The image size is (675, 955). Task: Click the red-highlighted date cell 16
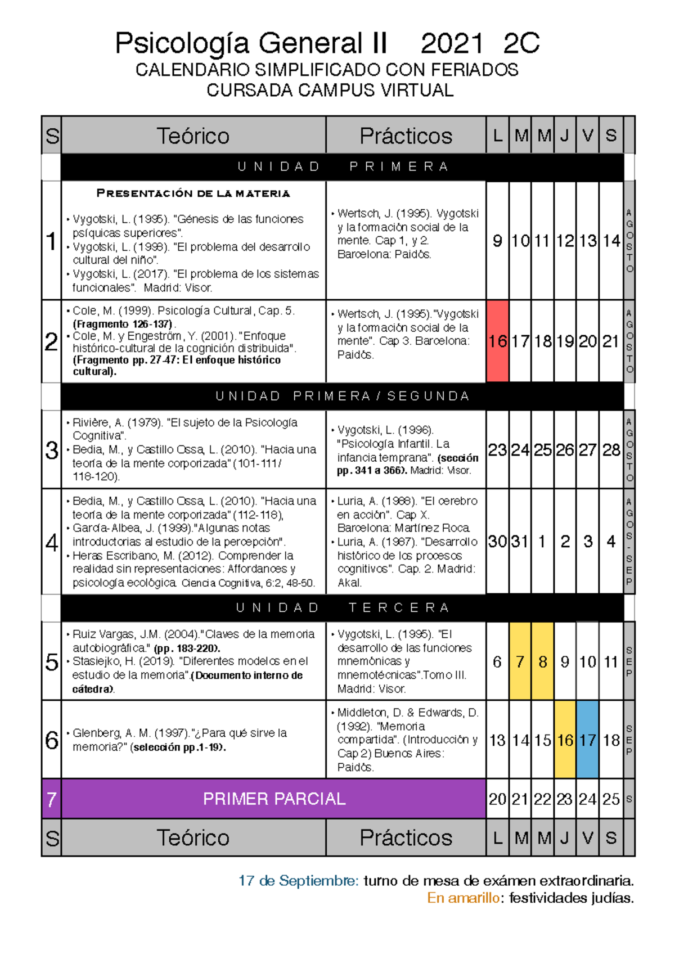pyautogui.click(x=497, y=341)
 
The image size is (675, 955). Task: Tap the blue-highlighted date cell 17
pyautogui.click(x=588, y=740)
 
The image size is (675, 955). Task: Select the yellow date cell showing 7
pyautogui.click(x=520, y=662)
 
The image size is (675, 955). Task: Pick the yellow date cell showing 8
pyautogui.click(x=543, y=662)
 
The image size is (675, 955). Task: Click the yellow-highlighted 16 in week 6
pyautogui.click(x=565, y=740)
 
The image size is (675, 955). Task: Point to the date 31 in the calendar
pyautogui.click(x=520, y=542)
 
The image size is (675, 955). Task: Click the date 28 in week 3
pyautogui.click(x=611, y=450)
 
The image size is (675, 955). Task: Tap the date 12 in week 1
pyautogui.click(x=565, y=241)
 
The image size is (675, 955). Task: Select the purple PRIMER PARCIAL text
pyautogui.click(x=274, y=799)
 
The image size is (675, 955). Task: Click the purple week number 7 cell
pyautogui.click(x=52, y=799)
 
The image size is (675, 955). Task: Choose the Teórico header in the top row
pyautogui.click(x=193, y=136)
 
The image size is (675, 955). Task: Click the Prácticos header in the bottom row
pyautogui.click(x=406, y=838)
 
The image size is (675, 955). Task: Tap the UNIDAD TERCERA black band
pyautogui.click(x=342, y=608)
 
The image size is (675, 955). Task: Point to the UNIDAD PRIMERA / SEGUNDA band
pyautogui.click(x=342, y=397)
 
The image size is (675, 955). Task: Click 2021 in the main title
pyautogui.click(x=452, y=43)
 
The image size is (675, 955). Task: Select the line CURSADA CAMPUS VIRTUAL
pyautogui.click(x=330, y=91)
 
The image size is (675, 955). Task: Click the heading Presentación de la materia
pyautogui.click(x=193, y=193)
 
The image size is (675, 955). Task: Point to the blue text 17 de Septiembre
pyautogui.click(x=298, y=881)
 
